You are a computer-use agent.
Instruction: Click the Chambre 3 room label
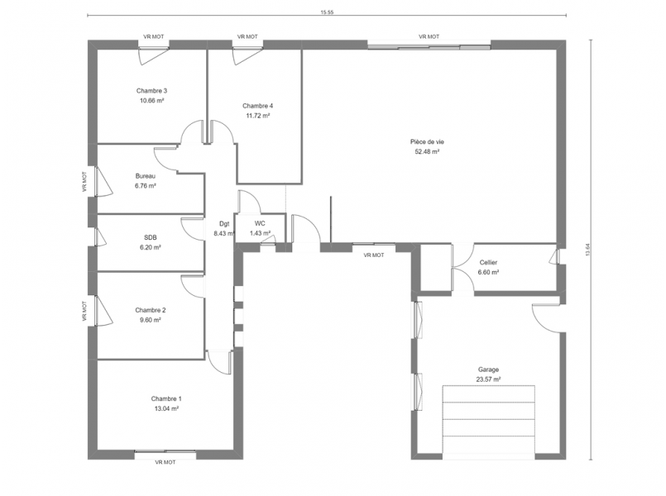(x=151, y=91)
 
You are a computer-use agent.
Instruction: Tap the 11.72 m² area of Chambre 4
(x=258, y=116)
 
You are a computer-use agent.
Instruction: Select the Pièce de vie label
(x=427, y=142)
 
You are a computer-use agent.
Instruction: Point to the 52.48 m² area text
(x=427, y=152)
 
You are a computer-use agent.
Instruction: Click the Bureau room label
(x=146, y=176)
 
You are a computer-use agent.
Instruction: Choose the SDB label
(x=150, y=237)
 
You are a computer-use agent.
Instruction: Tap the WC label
(x=260, y=223)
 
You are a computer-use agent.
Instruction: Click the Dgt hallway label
(x=224, y=223)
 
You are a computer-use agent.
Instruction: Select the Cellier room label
(x=488, y=263)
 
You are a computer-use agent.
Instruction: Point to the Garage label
(x=488, y=370)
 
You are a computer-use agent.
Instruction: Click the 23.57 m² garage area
(x=488, y=379)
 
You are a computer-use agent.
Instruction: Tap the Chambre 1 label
(x=166, y=398)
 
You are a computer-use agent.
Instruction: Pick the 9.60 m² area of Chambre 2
(x=150, y=321)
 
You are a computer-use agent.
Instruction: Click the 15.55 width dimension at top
(x=327, y=12)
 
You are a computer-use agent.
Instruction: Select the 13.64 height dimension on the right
(x=588, y=250)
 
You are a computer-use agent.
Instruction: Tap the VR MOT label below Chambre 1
(x=165, y=462)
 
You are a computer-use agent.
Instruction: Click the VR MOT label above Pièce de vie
(x=429, y=37)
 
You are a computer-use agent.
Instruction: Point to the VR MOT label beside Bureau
(x=84, y=182)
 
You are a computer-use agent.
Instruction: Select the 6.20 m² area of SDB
(x=150, y=247)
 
